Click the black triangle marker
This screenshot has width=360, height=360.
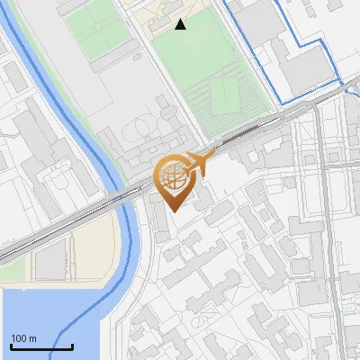[x=181, y=24]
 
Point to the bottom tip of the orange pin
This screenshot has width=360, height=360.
[x=174, y=212]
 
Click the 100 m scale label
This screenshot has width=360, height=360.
[x=23, y=337]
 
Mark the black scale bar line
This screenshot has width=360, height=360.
[x=41, y=346]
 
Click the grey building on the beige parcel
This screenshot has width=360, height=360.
[x=51, y=262]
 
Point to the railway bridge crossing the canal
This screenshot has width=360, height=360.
[x=121, y=195]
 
